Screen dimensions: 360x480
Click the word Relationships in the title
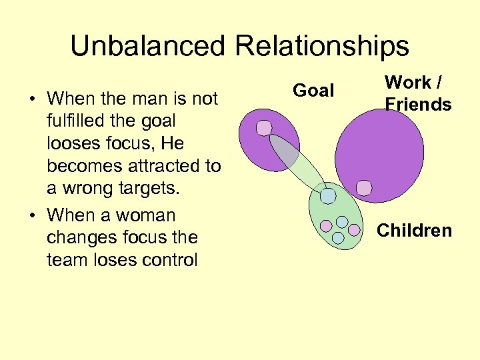(322, 46)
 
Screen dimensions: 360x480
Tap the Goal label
(313, 91)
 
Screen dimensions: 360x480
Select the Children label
(414, 231)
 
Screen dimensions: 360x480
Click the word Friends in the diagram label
(418, 105)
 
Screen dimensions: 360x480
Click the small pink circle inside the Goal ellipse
(265, 127)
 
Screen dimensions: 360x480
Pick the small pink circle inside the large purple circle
(364, 188)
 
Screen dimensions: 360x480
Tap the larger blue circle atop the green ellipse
(328, 195)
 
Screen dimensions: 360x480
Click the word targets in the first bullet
(149, 189)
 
